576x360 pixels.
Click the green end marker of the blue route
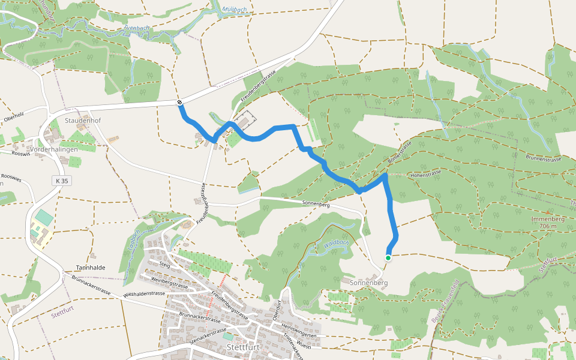click(x=388, y=258)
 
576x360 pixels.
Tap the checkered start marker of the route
click(x=179, y=103)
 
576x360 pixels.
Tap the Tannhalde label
click(x=91, y=268)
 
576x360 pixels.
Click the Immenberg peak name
click(x=548, y=219)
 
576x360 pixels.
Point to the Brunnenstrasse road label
click(x=545, y=158)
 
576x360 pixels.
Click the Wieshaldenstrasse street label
click(x=143, y=294)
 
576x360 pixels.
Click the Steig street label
click(x=165, y=263)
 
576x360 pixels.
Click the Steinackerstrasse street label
click(x=208, y=335)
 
